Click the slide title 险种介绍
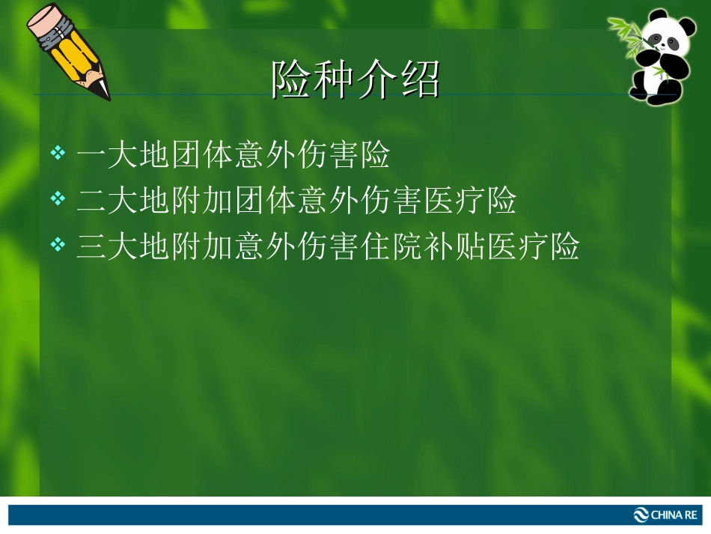355,79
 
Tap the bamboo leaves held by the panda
627,33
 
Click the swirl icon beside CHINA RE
641,515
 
